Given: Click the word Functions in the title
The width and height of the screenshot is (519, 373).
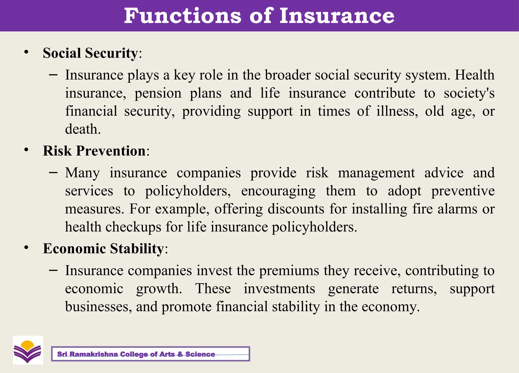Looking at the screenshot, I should [182, 16].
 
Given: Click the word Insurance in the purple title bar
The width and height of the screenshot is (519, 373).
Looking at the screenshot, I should [337, 16].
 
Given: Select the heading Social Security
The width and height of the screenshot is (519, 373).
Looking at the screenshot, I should [90, 53].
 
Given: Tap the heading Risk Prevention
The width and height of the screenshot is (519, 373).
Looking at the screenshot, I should [94, 151].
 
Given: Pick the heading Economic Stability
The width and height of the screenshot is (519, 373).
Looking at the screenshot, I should [103, 248].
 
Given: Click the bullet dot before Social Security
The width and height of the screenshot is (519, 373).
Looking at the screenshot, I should [26, 52].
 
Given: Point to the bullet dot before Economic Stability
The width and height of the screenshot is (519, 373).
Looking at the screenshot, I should [26, 248].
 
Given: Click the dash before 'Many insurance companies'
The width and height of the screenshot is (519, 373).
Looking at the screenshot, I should [53, 173].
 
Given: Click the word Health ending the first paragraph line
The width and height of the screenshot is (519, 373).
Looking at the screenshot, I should [474, 75].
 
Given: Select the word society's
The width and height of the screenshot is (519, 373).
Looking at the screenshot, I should [469, 93].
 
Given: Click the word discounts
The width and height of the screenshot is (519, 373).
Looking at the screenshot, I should [296, 209].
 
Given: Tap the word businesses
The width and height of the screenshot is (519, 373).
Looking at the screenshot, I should [98, 307].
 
